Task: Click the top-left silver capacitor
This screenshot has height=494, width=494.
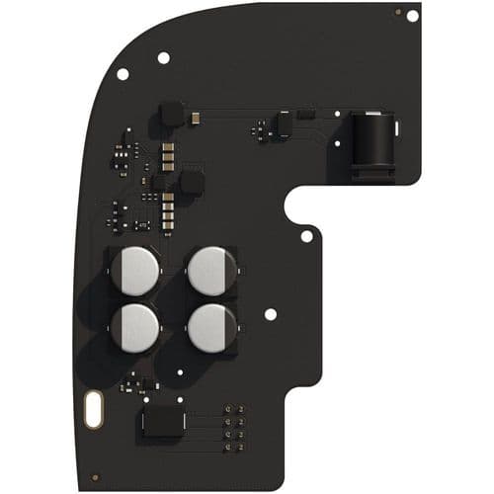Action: [134, 270]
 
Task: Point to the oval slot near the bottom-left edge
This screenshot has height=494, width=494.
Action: [94, 410]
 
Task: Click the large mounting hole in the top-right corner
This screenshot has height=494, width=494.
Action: [412, 15]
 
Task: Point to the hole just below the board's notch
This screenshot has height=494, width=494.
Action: [306, 236]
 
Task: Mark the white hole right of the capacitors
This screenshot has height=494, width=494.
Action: [271, 314]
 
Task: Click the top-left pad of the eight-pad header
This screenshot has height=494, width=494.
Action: [228, 407]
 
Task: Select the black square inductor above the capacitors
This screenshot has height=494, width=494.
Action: [191, 183]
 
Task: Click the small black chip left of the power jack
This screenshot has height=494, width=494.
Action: [282, 124]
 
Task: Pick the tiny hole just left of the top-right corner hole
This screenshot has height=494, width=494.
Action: [398, 12]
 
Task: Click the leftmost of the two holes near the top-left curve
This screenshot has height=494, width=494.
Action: [123, 74]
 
